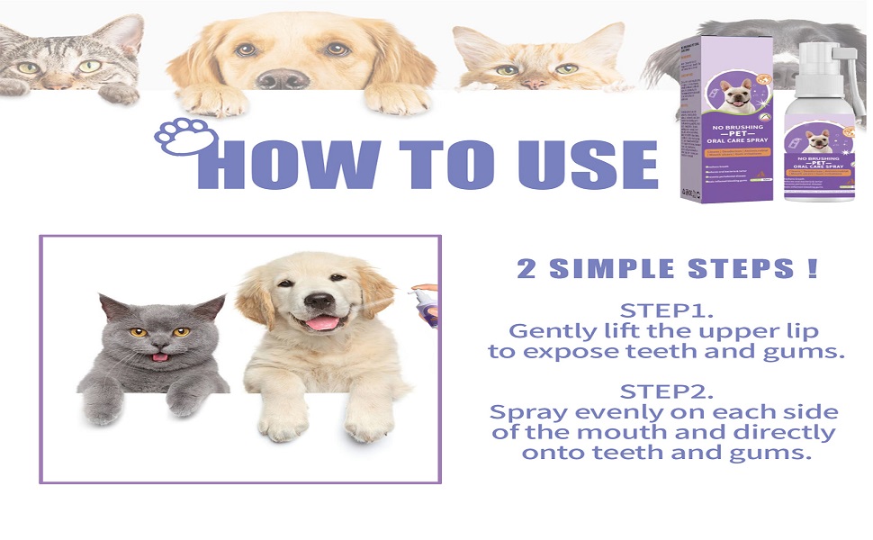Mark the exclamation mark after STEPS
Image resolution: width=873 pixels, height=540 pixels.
[x=813, y=268]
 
